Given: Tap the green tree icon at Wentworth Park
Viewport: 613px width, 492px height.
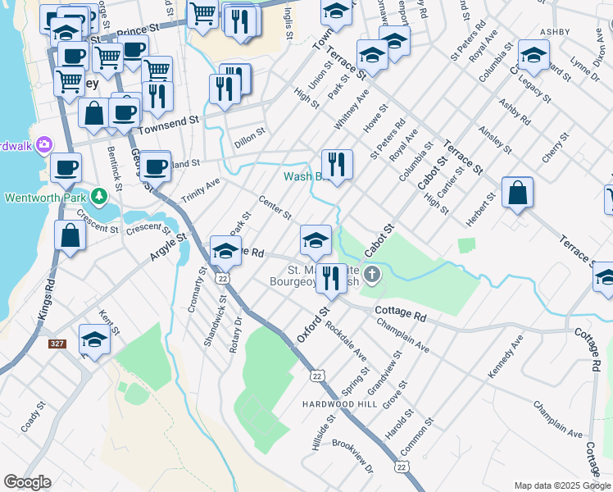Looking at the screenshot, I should (99, 197).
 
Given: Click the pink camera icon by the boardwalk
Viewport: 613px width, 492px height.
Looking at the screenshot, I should (44, 145).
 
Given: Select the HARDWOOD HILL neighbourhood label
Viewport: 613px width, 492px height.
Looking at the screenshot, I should (338, 405).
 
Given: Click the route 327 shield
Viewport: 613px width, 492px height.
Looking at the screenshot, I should (57, 344).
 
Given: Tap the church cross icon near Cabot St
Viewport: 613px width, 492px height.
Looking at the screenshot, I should (373, 274).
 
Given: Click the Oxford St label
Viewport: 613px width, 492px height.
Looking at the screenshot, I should (312, 325).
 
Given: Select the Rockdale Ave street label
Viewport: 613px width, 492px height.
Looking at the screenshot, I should (345, 338).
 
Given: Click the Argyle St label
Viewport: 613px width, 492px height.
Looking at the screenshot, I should (169, 247).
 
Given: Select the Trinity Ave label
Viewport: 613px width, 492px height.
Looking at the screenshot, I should (201, 192).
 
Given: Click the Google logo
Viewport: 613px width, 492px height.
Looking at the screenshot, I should (27, 482).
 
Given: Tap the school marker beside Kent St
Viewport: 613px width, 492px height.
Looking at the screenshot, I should (94, 339).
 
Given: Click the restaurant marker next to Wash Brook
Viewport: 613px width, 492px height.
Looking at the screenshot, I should (337, 164).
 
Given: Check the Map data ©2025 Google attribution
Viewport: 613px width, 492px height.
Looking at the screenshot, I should (562, 485).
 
